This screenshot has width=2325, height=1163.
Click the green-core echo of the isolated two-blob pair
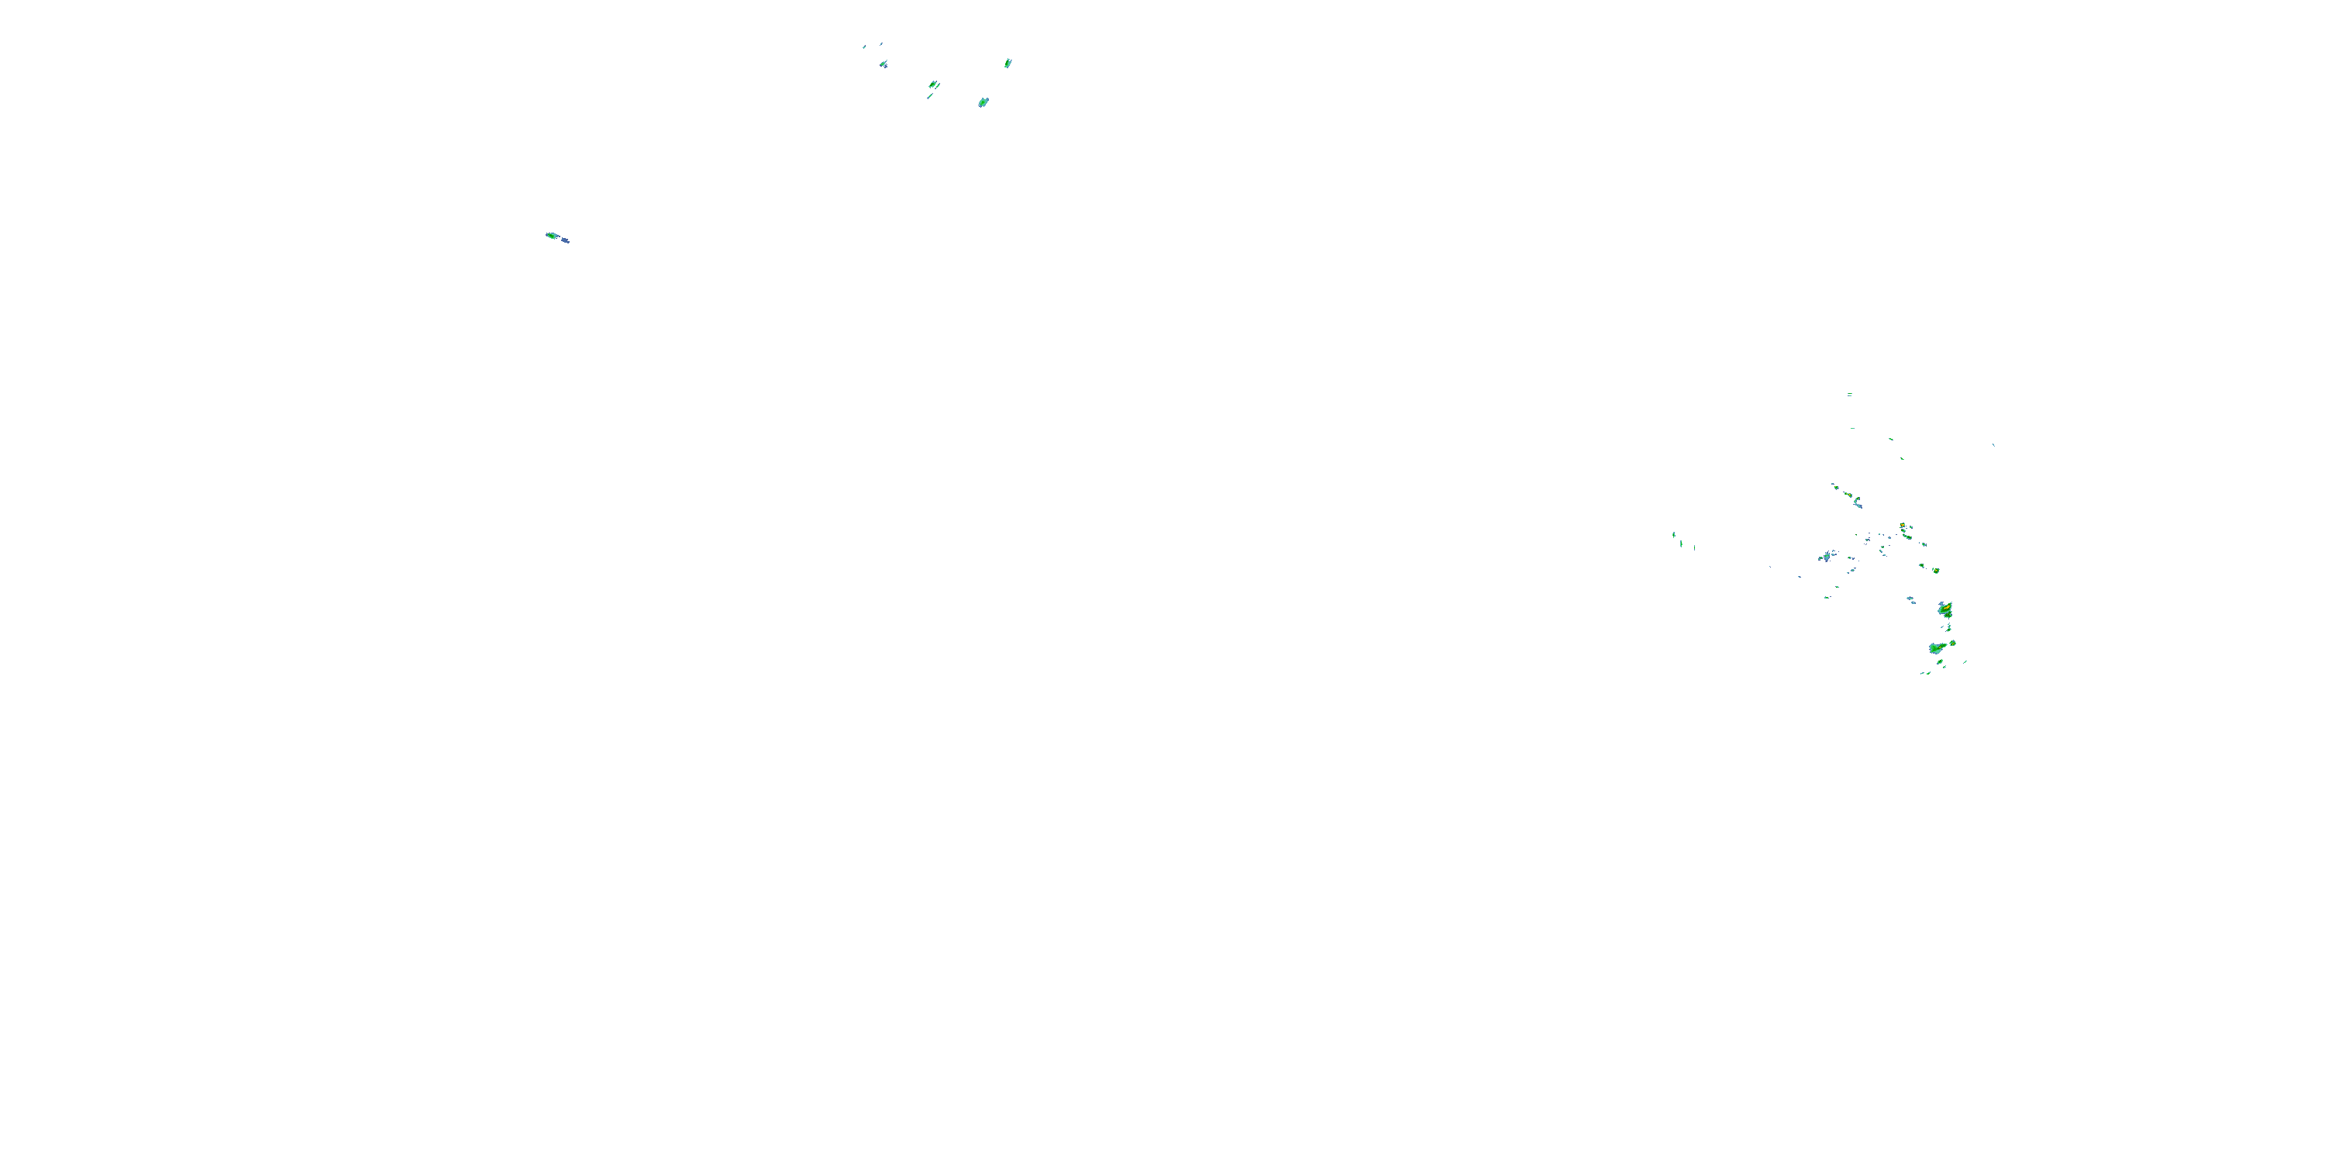tap(552, 236)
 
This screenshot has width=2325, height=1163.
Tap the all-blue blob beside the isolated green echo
tap(565, 240)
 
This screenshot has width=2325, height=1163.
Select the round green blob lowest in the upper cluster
tap(983, 103)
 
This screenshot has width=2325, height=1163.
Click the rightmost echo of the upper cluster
tap(1008, 64)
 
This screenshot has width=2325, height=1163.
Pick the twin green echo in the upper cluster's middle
tap(933, 85)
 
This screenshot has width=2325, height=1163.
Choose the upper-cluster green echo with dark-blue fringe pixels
tap(883, 64)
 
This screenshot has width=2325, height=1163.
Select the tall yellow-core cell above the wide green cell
tap(1946, 609)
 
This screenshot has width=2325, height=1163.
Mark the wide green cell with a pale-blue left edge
tap(1936, 647)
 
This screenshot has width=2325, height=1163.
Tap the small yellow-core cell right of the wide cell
tap(1953, 643)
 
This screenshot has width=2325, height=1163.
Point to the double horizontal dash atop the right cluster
tap(1849, 395)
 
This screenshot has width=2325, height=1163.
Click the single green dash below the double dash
tap(1852, 428)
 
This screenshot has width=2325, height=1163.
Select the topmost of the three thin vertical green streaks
tap(1673, 533)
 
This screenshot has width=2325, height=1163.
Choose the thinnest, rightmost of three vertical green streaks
tap(1693, 547)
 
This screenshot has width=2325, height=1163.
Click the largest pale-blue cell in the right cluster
tap(1827, 556)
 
